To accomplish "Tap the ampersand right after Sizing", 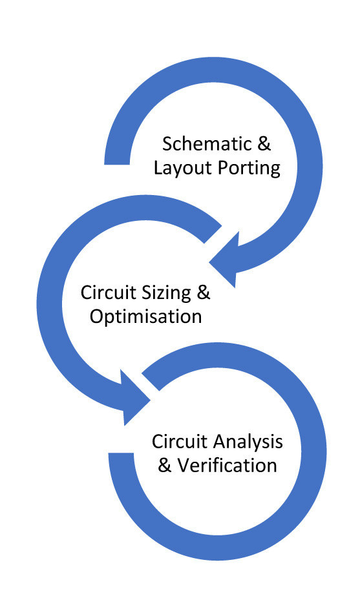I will click(x=203, y=292).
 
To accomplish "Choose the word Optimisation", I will click(x=145, y=317).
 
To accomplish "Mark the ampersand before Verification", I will click(x=165, y=466).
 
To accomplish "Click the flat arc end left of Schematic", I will click(x=117, y=155).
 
